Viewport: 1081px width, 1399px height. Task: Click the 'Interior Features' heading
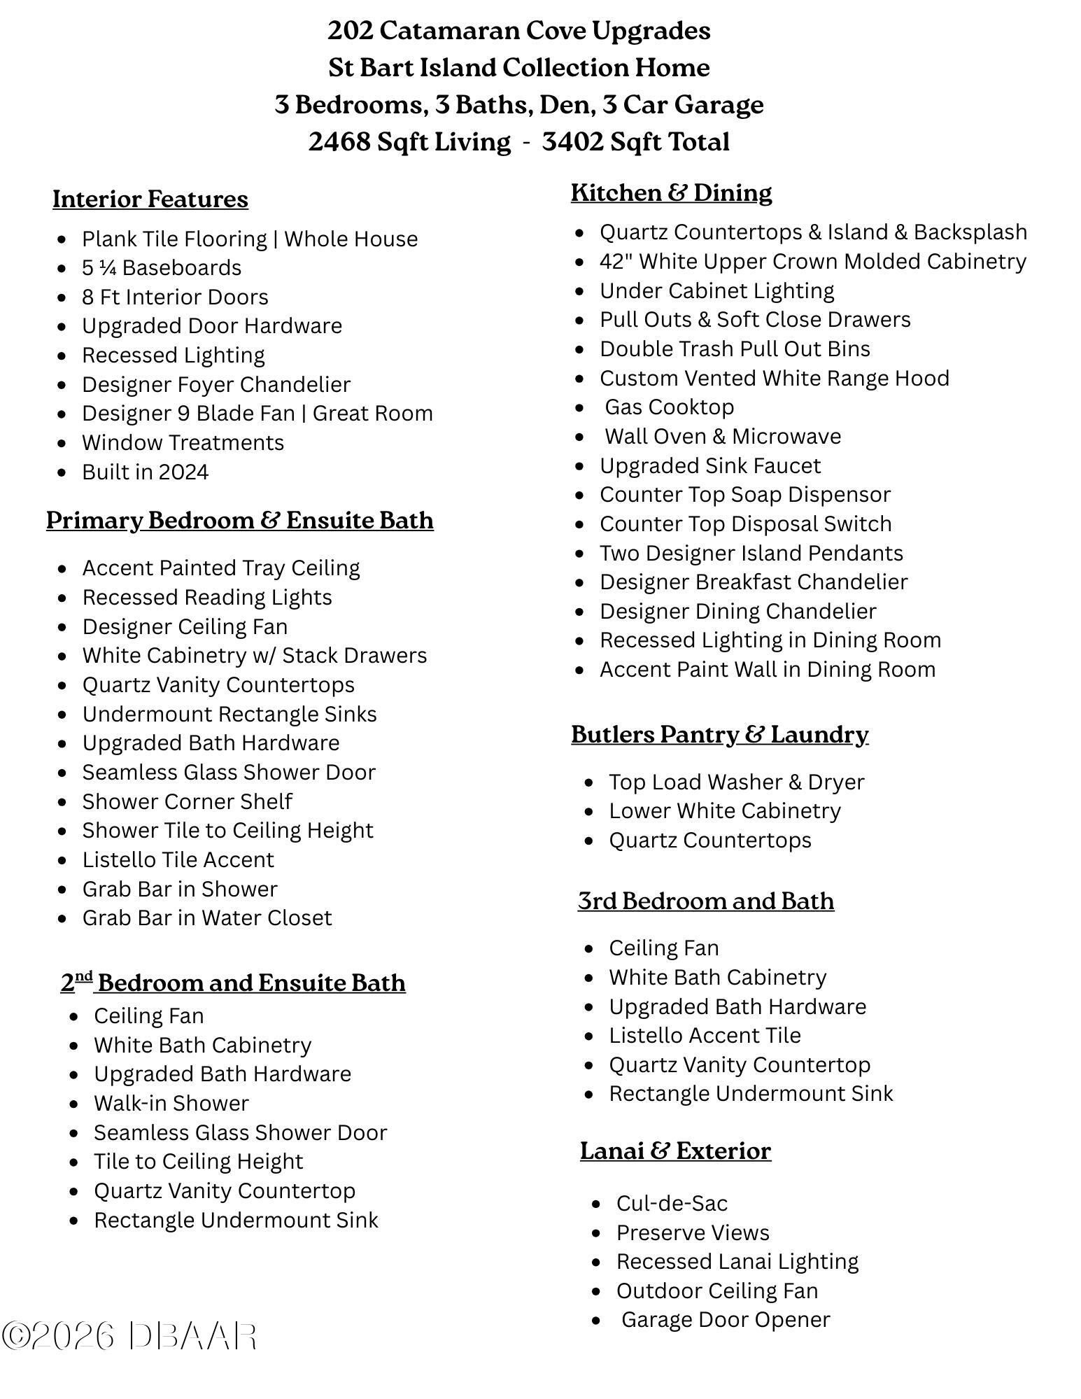tap(150, 199)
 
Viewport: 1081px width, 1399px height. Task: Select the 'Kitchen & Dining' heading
tap(671, 192)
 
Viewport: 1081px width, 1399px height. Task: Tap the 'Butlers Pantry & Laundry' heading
tap(719, 734)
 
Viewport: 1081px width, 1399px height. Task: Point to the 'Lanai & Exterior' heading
tap(675, 1151)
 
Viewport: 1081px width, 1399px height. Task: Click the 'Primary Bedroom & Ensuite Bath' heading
tap(240, 520)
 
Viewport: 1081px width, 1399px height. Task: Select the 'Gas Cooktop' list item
tap(669, 407)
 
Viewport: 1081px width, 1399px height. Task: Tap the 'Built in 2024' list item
tap(145, 472)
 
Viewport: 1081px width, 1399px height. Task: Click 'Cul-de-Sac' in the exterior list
tap(672, 1203)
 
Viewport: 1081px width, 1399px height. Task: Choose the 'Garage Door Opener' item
tap(725, 1319)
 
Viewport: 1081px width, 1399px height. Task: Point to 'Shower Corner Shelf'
tap(187, 801)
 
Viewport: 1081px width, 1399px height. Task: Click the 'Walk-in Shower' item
tap(171, 1103)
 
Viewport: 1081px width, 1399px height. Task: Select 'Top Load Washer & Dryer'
tap(736, 782)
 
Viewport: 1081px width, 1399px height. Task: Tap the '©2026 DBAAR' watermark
tap(129, 1335)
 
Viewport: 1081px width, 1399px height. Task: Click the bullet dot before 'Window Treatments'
tap(64, 443)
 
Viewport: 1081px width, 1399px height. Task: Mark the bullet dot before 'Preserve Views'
tap(596, 1233)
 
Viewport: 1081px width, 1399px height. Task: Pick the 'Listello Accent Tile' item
tap(705, 1035)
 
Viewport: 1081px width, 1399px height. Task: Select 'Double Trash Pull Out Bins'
tap(735, 349)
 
